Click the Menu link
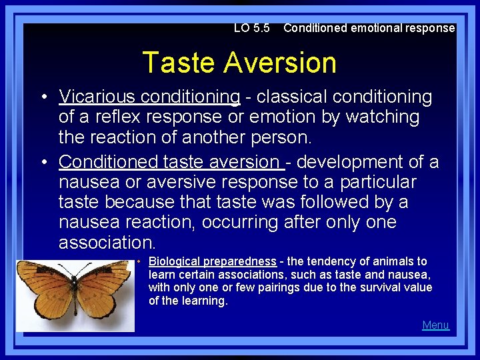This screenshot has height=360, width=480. point(435,325)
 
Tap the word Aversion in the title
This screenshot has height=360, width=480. point(280,63)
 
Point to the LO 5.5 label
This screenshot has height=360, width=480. point(251,28)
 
